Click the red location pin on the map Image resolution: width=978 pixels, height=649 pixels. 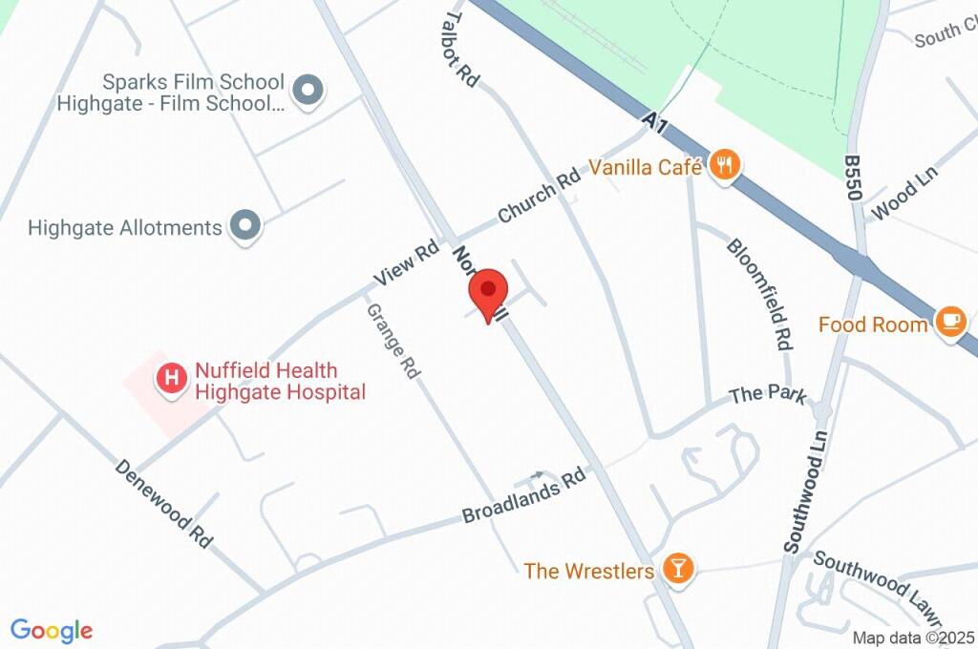click(488, 291)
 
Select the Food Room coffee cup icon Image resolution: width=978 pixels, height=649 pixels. click(950, 322)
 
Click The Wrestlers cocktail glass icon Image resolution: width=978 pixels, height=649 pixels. click(677, 569)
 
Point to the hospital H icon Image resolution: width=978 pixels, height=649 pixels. click(171, 379)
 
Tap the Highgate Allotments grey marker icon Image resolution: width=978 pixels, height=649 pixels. click(246, 227)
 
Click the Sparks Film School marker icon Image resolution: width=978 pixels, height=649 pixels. click(308, 92)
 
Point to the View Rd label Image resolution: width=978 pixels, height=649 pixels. click(407, 263)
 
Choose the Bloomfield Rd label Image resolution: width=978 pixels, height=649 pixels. click(760, 293)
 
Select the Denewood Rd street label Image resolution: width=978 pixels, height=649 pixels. click(163, 503)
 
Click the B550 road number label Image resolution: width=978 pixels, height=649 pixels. click(854, 178)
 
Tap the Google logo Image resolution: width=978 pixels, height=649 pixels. click(52, 631)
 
